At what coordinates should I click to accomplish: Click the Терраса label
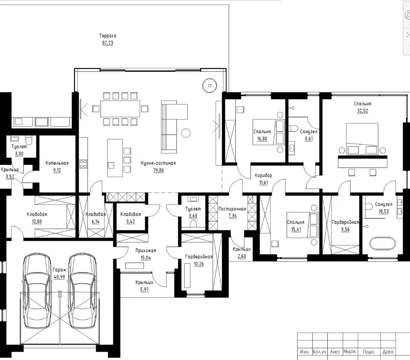(108, 36)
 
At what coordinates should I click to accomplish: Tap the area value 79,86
(159, 170)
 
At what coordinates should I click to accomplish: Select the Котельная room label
(57, 163)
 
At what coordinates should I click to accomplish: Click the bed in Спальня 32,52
(362, 138)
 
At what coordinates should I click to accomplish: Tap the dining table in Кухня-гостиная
(120, 109)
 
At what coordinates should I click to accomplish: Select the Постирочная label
(232, 209)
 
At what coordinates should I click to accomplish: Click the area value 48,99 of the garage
(59, 277)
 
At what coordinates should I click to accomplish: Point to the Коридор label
(263, 175)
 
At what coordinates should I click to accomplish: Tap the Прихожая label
(145, 251)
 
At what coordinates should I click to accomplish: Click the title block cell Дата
(388, 352)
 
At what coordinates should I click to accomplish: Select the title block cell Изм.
(304, 352)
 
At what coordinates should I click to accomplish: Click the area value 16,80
(262, 138)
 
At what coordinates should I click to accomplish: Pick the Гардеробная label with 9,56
(345, 222)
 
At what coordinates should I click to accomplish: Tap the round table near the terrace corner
(210, 85)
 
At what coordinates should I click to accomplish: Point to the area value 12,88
(37, 222)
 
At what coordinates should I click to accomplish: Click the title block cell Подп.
(368, 352)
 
